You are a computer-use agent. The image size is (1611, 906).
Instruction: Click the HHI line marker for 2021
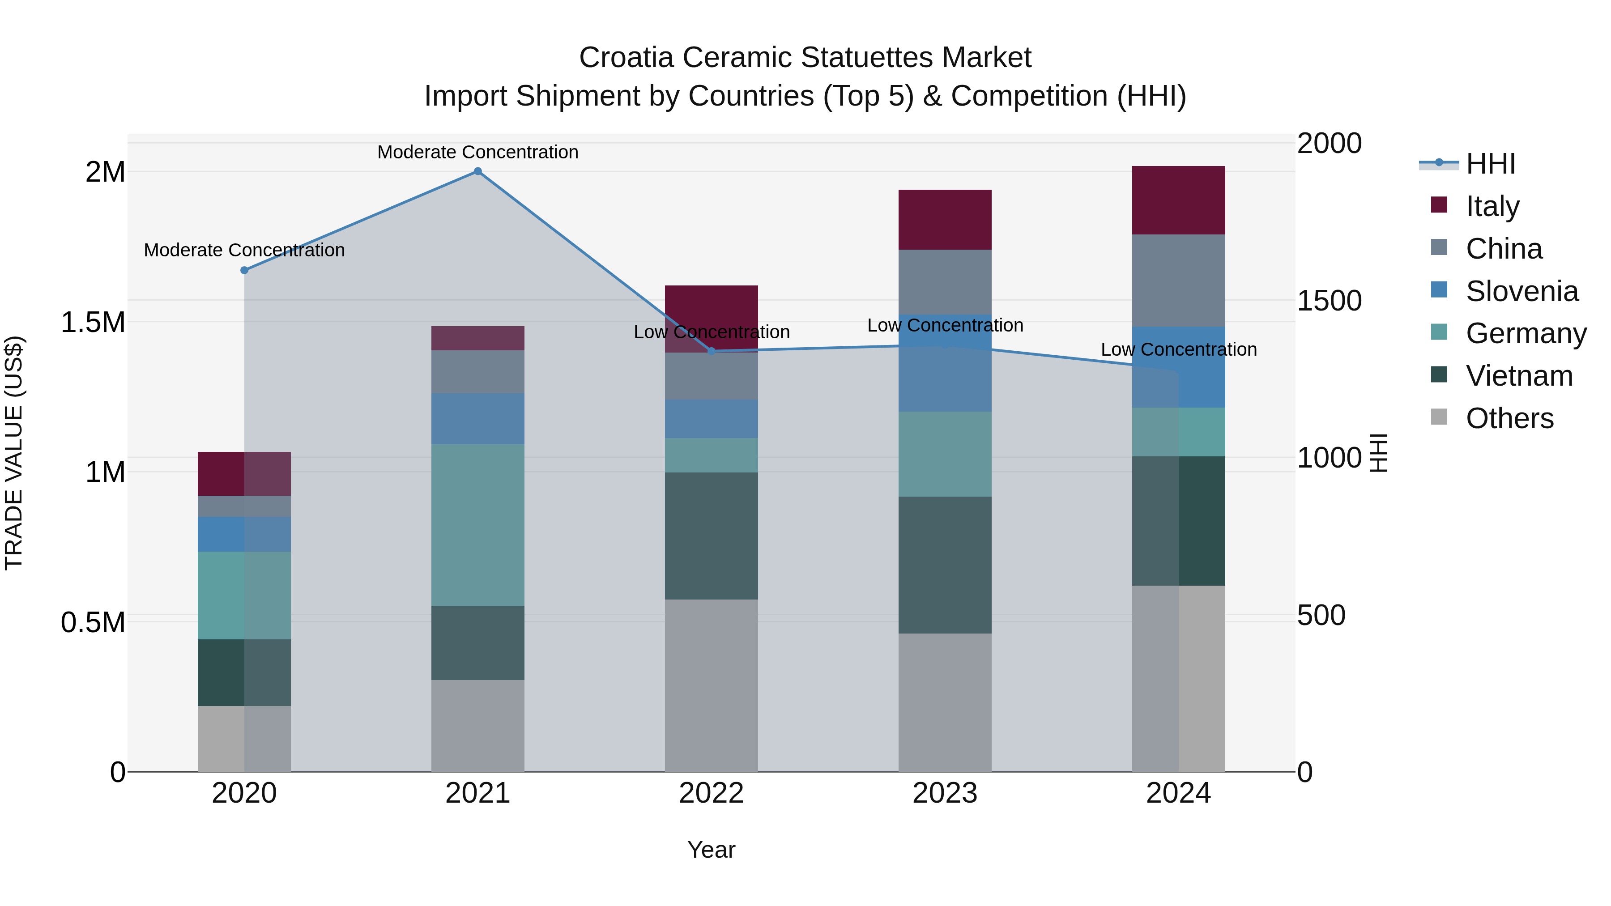(x=478, y=171)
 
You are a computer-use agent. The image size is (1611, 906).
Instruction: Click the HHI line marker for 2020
(x=244, y=270)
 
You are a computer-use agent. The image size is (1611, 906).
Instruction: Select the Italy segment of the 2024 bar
(x=1178, y=200)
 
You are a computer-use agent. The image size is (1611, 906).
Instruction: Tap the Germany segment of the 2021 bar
(x=478, y=525)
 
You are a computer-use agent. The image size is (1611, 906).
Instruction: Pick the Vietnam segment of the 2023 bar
(x=945, y=565)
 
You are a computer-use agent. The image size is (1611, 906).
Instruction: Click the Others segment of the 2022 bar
(x=711, y=685)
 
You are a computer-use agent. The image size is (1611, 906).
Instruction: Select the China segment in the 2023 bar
(x=945, y=281)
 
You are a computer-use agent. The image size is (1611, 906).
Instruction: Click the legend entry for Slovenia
(x=1521, y=291)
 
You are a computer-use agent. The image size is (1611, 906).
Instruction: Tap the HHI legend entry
(x=1490, y=164)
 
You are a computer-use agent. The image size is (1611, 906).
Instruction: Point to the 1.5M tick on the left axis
(x=93, y=323)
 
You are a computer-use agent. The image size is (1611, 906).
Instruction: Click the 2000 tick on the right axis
(x=1329, y=143)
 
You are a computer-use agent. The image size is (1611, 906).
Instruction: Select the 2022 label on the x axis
(x=711, y=793)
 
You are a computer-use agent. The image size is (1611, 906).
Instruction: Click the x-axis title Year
(x=711, y=850)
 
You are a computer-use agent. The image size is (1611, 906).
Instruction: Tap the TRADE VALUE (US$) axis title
(x=14, y=453)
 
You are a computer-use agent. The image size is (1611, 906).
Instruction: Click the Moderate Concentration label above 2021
(x=478, y=152)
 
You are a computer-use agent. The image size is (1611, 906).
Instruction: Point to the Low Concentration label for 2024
(x=1178, y=349)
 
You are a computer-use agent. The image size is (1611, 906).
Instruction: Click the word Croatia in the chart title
(x=626, y=58)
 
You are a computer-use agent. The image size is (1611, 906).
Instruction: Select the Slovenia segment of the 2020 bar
(x=244, y=534)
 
